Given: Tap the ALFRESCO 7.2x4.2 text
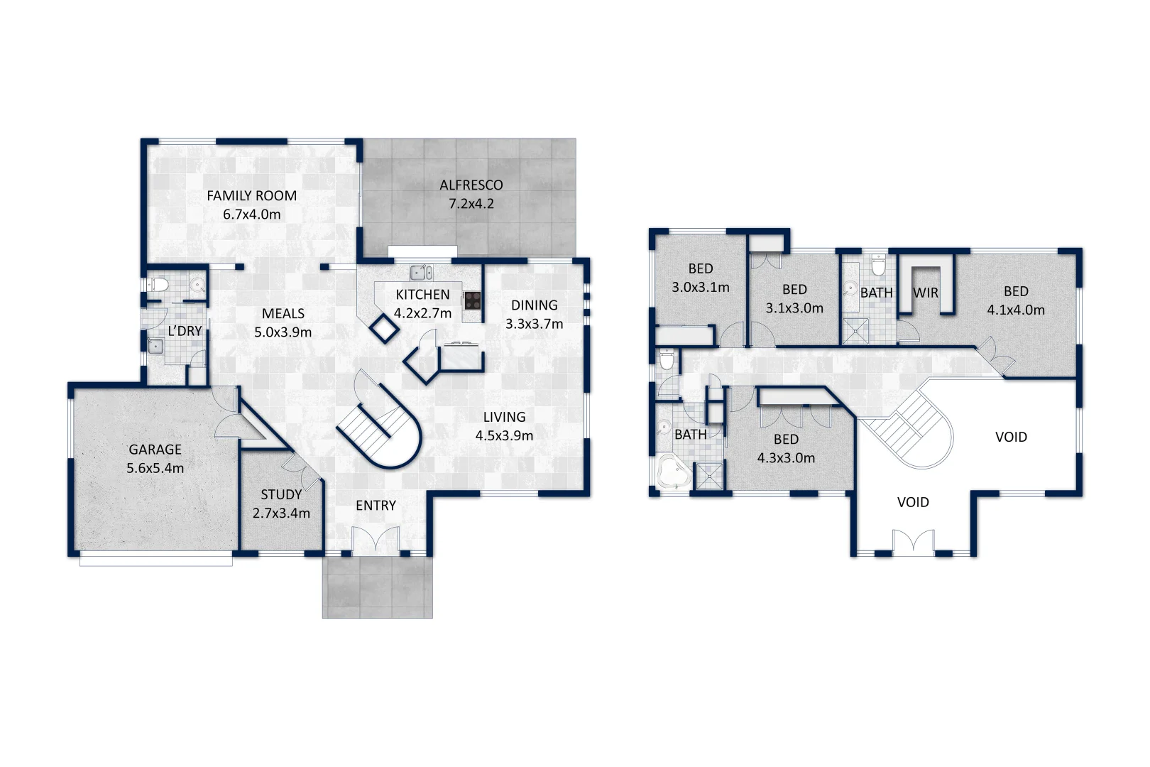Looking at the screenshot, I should (471, 194).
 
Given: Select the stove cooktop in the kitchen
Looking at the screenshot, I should (473, 300).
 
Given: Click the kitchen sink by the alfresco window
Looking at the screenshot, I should (421, 273).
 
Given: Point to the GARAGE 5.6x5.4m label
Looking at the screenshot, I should (155, 459).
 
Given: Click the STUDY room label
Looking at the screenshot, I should (281, 504).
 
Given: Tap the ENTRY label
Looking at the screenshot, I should (376, 505).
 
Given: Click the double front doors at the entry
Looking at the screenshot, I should (376, 542).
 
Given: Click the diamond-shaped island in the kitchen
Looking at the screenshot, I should (384, 327).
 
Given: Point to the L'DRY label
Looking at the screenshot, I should (185, 331).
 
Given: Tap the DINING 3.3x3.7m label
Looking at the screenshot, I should (534, 314).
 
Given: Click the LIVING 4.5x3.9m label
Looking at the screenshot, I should (504, 426).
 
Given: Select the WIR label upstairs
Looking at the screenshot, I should (926, 293).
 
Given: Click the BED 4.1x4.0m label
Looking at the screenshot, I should (1016, 300).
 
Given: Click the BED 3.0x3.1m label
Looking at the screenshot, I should (700, 278).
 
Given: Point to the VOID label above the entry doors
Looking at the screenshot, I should (913, 502).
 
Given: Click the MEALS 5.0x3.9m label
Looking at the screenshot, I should (283, 322).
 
